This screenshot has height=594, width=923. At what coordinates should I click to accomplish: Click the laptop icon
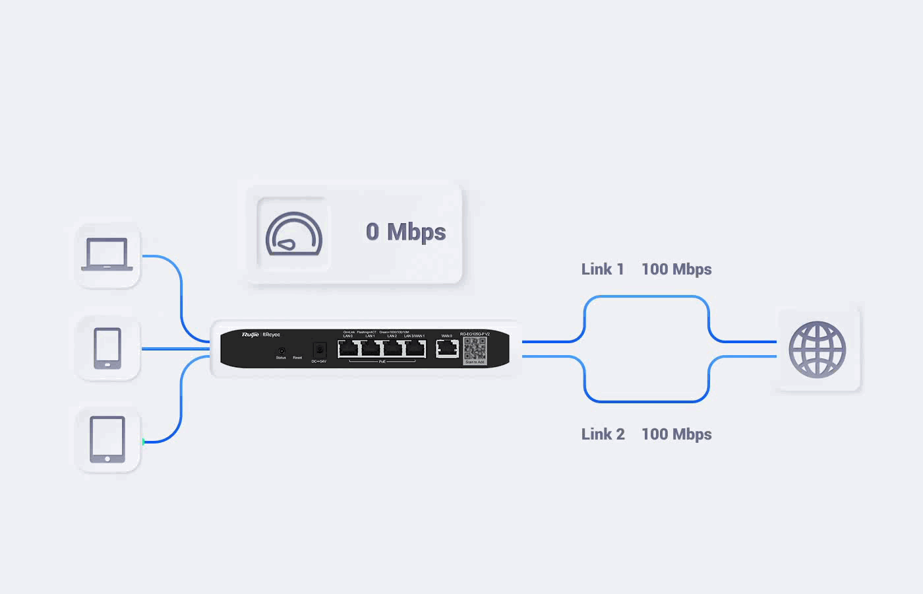(x=107, y=255)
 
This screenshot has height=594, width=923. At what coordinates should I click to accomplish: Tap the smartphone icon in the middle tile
(x=107, y=348)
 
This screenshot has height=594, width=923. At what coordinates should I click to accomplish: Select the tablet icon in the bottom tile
(x=107, y=440)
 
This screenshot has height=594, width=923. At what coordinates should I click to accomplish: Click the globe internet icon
(x=817, y=350)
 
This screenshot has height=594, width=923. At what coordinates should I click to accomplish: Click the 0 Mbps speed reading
(x=405, y=232)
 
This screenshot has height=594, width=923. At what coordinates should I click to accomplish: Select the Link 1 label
(x=602, y=269)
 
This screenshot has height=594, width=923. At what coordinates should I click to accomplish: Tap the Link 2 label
(x=603, y=434)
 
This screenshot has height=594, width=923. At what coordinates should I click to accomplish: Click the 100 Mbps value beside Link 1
(x=676, y=269)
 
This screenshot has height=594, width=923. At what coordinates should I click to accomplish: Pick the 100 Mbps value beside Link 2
(x=676, y=434)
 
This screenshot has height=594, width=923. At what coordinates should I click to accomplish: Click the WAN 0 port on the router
(x=447, y=348)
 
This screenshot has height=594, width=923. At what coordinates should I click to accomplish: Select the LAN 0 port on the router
(x=348, y=348)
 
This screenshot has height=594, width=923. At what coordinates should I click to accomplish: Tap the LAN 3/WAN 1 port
(x=415, y=348)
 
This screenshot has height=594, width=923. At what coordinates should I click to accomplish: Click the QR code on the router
(x=475, y=349)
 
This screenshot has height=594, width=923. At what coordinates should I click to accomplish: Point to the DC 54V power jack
(x=320, y=349)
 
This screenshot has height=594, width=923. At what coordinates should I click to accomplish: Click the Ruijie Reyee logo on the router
(x=260, y=335)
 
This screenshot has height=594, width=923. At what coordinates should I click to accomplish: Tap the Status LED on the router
(x=282, y=350)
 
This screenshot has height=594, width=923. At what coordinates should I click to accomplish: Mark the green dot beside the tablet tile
(x=143, y=442)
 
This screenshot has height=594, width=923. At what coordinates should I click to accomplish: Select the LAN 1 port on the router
(x=371, y=348)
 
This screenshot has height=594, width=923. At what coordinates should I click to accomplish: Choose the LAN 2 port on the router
(x=393, y=348)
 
